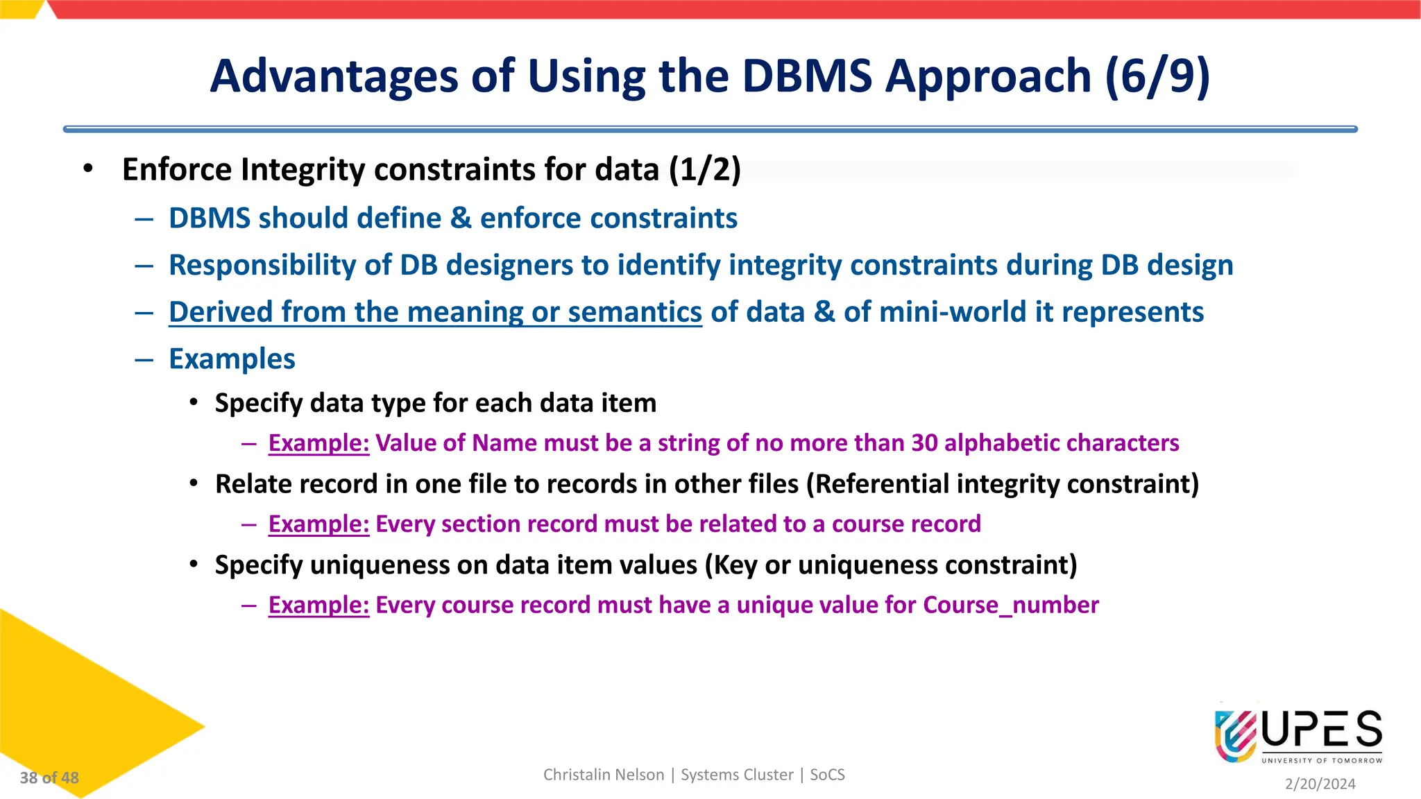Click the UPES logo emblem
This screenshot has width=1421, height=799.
click(1236, 736)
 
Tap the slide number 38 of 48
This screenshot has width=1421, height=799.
click(49, 778)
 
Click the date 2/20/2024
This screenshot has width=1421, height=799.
click(1320, 784)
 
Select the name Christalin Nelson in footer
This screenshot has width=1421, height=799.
click(603, 775)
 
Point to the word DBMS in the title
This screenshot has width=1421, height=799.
click(807, 76)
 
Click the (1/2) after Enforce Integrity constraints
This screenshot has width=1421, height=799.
click(705, 170)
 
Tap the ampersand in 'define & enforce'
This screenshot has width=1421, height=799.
click(461, 218)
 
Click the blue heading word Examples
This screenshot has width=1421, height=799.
click(232, 359)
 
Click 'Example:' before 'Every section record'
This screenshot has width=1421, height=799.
click(318, 524)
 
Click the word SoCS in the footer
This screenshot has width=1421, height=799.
click(827, 775)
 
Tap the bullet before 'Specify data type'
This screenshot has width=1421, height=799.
click(194, 403)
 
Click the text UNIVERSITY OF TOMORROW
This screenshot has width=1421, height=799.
click(1321, 761)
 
